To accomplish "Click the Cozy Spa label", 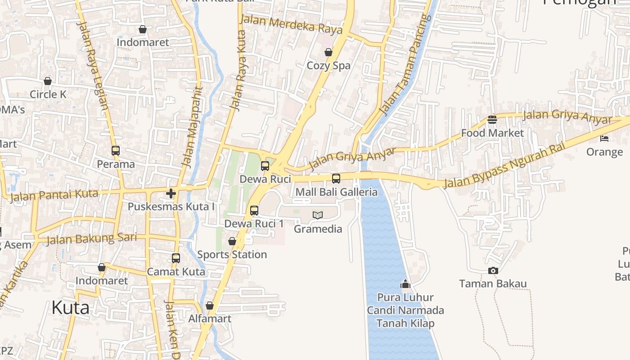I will point(328,66).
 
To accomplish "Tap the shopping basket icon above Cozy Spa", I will point(328,52).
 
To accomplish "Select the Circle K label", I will point(48,94).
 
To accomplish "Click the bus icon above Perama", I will point(116,151).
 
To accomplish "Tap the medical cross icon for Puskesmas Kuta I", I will point(171,193).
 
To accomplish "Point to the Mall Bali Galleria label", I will point(336,192).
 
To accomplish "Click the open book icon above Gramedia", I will point(318,216).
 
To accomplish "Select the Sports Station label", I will point(232,255).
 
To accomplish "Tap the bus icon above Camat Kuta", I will point(176,258).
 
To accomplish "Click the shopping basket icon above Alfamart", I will point(210,306).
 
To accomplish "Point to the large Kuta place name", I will point(70,308).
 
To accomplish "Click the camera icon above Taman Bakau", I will point(493,270).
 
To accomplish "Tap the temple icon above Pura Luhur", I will point(405,284).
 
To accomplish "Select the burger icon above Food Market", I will point(492,120).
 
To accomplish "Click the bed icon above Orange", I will point(604,138).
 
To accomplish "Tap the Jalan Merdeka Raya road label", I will point(291,25).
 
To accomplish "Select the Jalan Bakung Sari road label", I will point(91,238).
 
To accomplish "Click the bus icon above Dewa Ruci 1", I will point(254,210).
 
